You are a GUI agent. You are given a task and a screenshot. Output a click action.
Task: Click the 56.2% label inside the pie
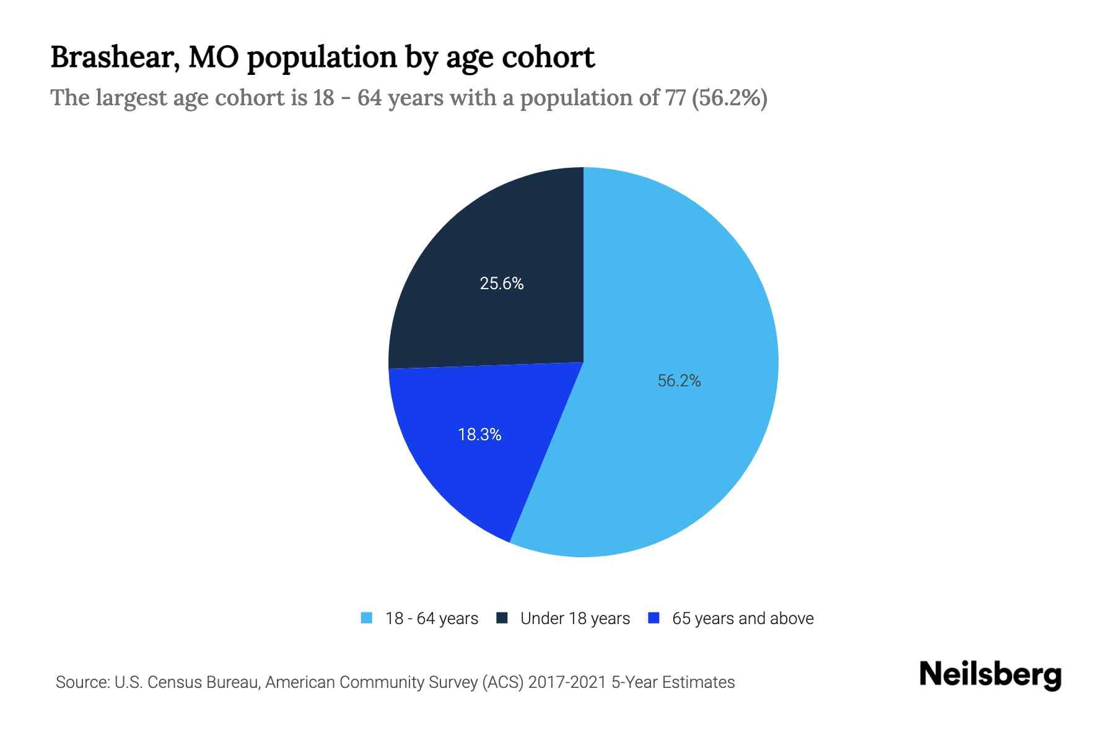click(x=679, y=381)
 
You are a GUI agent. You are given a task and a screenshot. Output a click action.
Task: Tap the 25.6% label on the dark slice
click(x=502, y=284)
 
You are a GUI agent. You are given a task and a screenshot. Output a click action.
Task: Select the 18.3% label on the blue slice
click(x=479, y=435)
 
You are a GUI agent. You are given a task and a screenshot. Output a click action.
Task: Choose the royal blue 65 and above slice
click(x=458, y=471)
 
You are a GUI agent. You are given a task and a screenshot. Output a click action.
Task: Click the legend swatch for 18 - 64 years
click(x=367, y=618)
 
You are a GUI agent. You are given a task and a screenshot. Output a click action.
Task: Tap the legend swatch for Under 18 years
click(x=502, y=618)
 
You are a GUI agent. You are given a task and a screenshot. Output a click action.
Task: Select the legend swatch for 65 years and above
click(x=654, y=618)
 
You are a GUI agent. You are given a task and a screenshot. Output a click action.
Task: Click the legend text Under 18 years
click(x=575, y=619)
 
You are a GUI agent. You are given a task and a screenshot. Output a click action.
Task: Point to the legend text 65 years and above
click(x=743, y=619)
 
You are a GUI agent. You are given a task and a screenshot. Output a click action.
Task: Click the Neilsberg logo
click(x=990, y=675)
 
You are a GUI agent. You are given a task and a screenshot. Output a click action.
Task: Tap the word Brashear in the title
click(x=115, y=58)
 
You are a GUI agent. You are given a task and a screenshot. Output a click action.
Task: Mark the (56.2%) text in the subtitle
click(x=729, y=98)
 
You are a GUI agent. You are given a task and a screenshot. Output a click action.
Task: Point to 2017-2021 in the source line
click(x=567, y=682)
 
